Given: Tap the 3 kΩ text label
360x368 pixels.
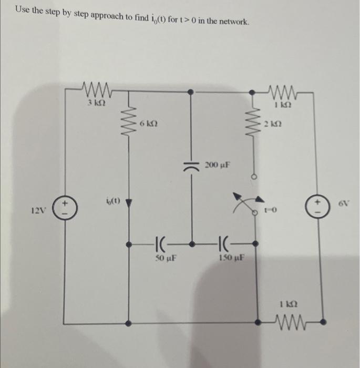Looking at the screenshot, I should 96,104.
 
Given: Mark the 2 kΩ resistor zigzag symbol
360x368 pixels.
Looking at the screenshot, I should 256,126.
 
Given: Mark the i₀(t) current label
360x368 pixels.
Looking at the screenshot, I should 113,200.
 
